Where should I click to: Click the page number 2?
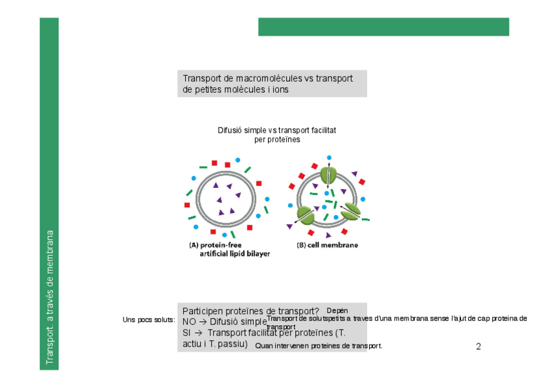click(478, 347)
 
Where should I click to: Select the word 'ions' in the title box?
click(280, 90)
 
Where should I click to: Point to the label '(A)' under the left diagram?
click(193, 245)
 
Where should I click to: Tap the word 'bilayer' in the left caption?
click(256, 254)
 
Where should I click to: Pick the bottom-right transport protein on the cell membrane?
click(350, 211)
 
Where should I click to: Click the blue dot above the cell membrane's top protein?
click(329, 158)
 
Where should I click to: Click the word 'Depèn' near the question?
click(337, 311)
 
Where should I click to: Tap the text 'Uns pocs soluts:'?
click(149, 320)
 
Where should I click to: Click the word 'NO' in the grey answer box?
click(189, 322)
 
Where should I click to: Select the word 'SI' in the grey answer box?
click(186, 333)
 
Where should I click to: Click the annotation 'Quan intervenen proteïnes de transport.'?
click(319, 346)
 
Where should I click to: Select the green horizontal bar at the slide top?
click(383, 27)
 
